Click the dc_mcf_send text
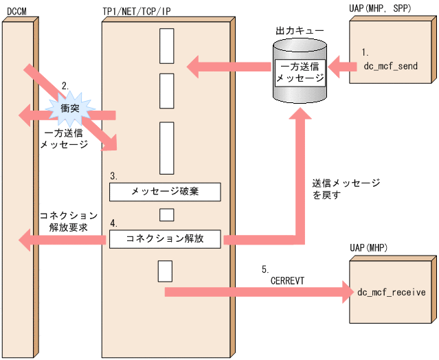tap(390, 66)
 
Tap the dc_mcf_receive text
tap(391, 292)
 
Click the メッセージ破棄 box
tap(165, 192)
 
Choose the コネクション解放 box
tap(165, 239)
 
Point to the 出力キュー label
tap(300, 32)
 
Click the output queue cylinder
tap(300, 70)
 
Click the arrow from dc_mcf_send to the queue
tap(338, 67)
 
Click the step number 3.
tap(113, 176)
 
